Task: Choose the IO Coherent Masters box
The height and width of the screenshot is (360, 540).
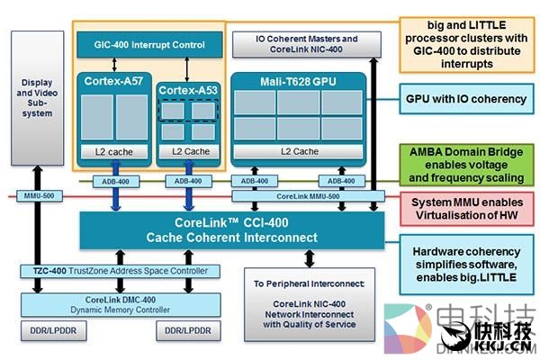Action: pos(306,43)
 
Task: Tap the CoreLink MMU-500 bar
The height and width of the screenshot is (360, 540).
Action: pos(308,195)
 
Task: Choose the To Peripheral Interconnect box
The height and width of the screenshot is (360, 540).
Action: pos(304,304)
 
